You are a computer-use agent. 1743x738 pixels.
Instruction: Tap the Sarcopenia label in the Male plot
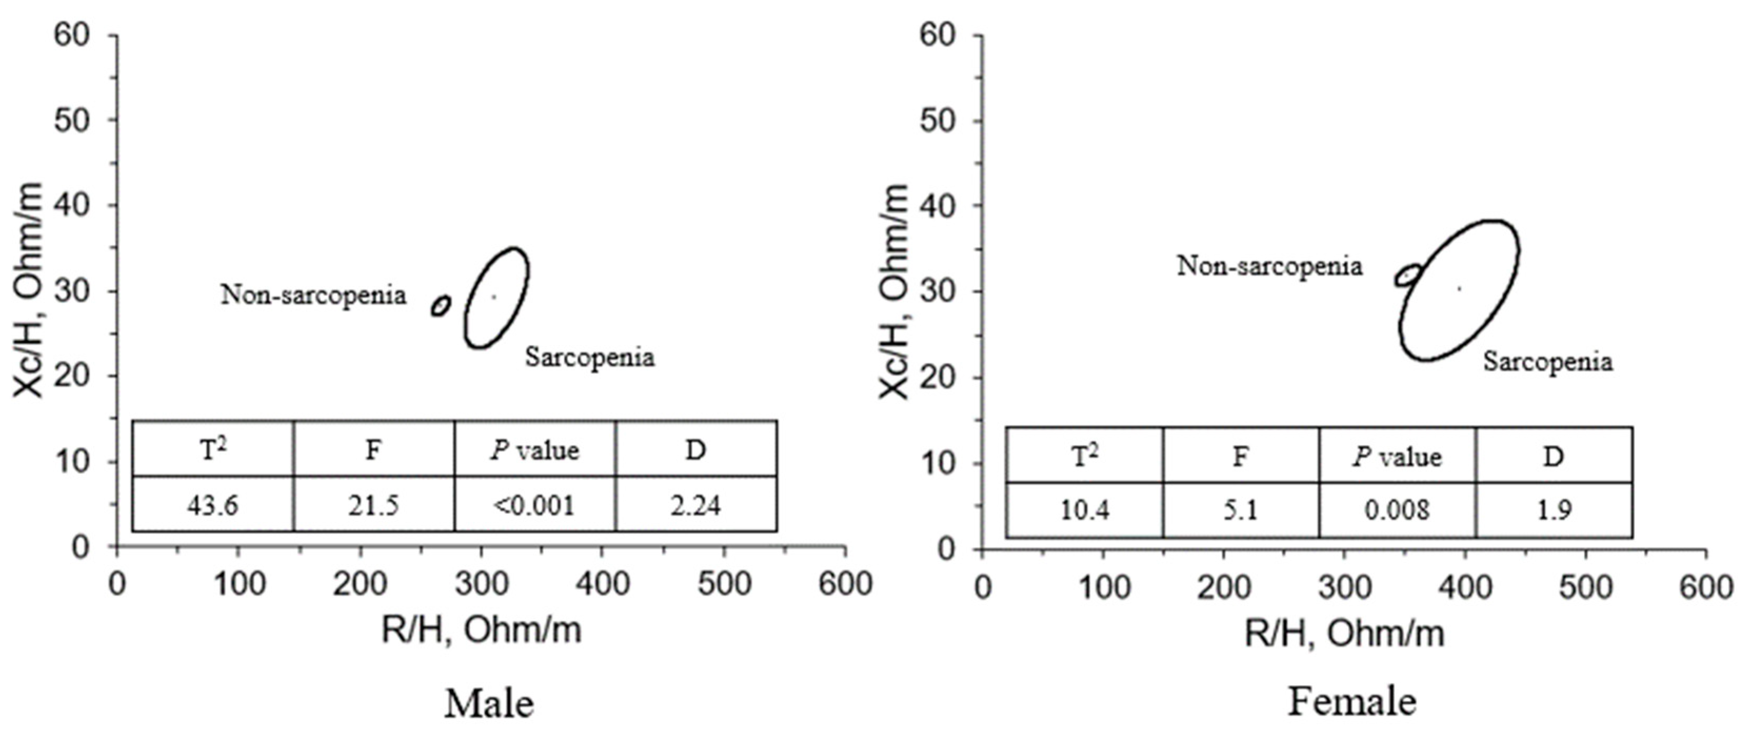click(x=590, y=357)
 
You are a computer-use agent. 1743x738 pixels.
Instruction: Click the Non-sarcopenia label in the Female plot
click(x=1269, y=266)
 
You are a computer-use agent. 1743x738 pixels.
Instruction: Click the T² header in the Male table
click(x=213, y=450)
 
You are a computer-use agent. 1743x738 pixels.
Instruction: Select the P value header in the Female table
click(x=1397, y=456)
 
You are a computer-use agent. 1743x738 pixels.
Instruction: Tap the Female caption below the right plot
click(x=1351, y=702)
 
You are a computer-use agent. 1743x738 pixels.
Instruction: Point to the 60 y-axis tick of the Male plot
click(x=72, y=35)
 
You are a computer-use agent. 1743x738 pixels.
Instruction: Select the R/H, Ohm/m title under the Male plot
click(x=481, y=630)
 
